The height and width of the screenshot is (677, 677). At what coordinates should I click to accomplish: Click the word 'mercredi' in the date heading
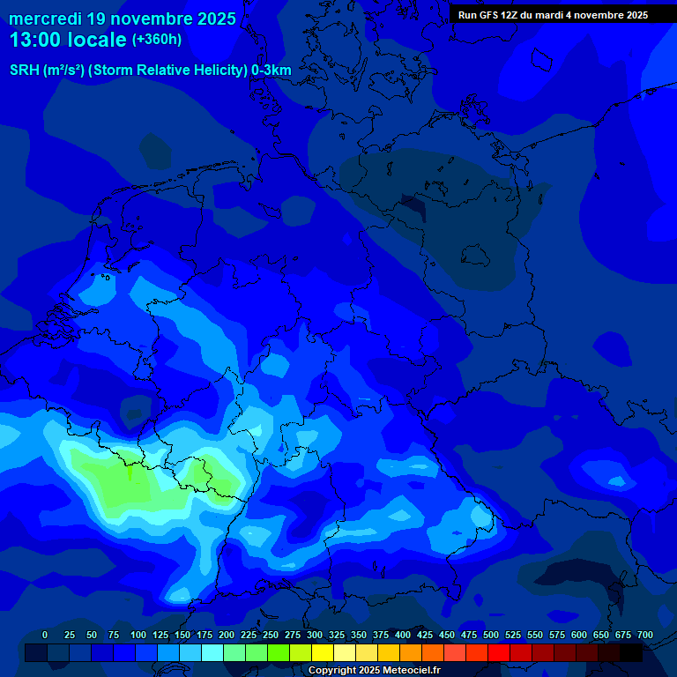pyautogui.click(x=45, y=19)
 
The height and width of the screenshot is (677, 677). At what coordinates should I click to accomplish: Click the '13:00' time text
pyautogui.click(x=36, y=41)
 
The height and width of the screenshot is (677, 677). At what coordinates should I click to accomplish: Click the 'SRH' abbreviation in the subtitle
pyautogui.click(x=25, y=71)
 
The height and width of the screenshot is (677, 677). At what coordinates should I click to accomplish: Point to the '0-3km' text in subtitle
pyautogui.click(x=272, y=71)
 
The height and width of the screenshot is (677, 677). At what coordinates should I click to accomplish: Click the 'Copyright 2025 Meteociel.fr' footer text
pyautogui.click(x=375, y=671)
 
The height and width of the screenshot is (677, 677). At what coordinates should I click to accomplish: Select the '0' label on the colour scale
pyautogui.click(x=45, y=635)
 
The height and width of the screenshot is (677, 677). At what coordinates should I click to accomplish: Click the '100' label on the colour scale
pyautogui.click(x=138, y=635)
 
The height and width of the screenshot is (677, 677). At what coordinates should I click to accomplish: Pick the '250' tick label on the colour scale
pyautogui.click(x=271, y=635)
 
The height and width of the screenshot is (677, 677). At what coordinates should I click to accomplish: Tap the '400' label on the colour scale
pyautogui.click(x=403, y=635)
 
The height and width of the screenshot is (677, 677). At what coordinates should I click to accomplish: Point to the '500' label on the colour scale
pyautogui.click(x=491, y=635)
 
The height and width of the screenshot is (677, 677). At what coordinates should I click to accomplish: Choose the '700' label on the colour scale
pyautogui.click(x=645, y=635)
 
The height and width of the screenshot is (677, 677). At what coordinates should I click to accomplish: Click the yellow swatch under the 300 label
pyautogui.click(x=323, y=652)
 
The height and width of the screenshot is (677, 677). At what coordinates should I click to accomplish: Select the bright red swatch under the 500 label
pyautogui.click(x=499, y=652)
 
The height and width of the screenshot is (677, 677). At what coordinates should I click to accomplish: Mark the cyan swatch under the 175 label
pyautogui.click(x=212, y=652)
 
